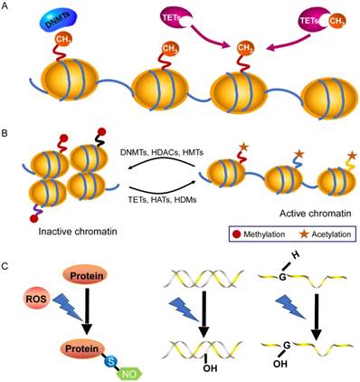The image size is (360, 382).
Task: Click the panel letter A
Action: pyautogui.click(x=8, y=7)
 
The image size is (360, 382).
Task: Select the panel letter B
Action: pyautogui.click(x=8, y=131)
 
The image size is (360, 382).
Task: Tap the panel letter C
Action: pyautogui.click(x=8, y=269)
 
